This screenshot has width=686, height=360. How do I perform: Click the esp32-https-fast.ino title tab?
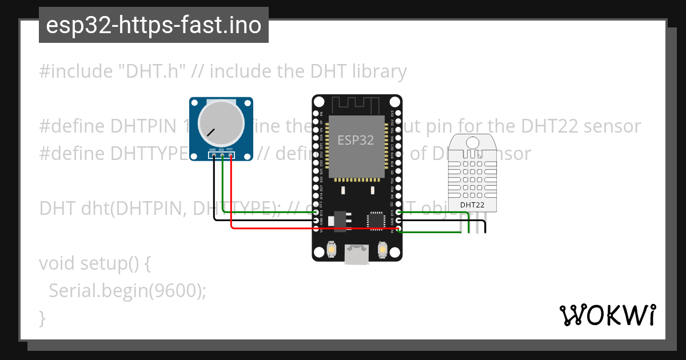pos(153,25)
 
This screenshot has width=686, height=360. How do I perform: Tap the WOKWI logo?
pos(607,315)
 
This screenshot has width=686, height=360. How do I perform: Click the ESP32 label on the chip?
pos(356,140)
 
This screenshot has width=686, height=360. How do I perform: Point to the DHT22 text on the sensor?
pos(472,204)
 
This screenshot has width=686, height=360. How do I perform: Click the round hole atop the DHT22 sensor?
pos(472,142)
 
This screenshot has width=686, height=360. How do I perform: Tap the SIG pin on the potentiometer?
pos(222,155)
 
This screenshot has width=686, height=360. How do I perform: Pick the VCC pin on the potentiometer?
pos(230,155)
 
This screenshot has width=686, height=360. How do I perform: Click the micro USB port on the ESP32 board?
pos(356,255)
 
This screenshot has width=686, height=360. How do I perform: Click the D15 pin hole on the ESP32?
pos(398,212)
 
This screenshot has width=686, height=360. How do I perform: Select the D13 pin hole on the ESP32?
pos(316,212)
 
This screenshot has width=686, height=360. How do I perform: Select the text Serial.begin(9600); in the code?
pos(127,290)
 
